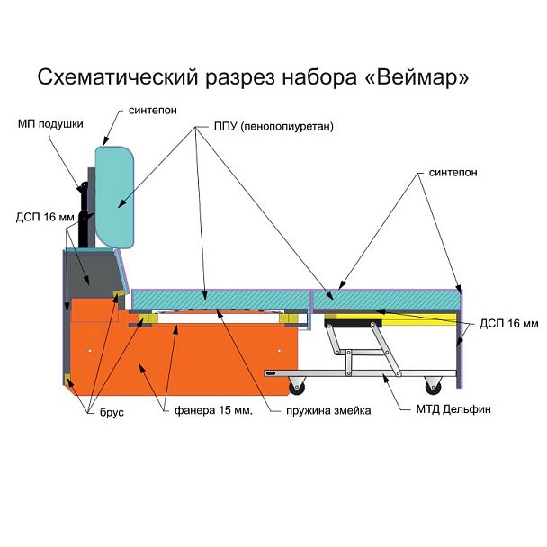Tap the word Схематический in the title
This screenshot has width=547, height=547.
tap(118, 77)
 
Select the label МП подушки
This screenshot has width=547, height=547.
tap(50, 124)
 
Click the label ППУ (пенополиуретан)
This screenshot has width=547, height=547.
tap(273, 126)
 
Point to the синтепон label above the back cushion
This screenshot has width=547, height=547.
tap(153, 111)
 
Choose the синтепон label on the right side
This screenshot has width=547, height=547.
tap(453, 173)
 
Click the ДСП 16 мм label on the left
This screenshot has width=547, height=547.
tap(45, 217)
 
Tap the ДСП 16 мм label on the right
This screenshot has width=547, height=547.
tap(509, 323)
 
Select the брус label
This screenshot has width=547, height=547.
tap(112, 412)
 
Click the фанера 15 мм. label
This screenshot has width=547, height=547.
tap(213, 410)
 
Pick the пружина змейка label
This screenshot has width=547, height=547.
tap(328, 410)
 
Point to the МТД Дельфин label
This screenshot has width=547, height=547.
tap(453, 408)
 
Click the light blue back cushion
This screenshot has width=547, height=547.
tap(115, 197)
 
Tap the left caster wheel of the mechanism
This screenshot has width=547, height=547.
tap(297, 387)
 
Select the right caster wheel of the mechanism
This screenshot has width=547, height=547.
tap(433, 386)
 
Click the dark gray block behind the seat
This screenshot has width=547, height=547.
tap(94, 273)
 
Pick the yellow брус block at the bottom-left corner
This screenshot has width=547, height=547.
tap(67, 379)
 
